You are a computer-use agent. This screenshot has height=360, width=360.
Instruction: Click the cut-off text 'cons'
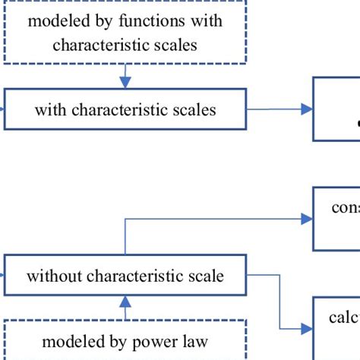pyautogui.click(x=345, y=207)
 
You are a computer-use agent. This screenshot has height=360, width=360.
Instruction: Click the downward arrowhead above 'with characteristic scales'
pyautogui.click(x=125, y=81)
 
